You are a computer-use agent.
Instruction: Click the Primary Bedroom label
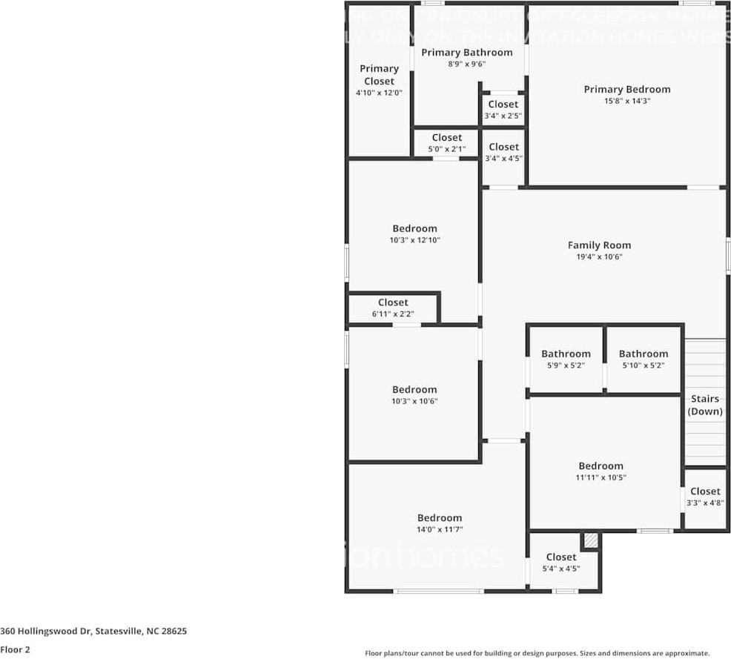pos(626,90)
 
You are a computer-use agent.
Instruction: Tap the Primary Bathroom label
pos(466,53)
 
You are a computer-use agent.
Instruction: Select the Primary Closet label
pos(379,75)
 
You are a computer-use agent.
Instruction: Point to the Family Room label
pos(599,245)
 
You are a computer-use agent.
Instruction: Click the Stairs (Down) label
pos(704,405)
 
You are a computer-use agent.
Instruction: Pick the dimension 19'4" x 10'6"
pos(599,257)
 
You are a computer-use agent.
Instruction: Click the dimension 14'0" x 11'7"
pos(439,530)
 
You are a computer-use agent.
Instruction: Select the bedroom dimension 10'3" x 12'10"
pos(414,240)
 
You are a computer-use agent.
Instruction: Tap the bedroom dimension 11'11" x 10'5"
pos(601,478)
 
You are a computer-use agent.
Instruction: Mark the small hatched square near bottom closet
pos(590,541)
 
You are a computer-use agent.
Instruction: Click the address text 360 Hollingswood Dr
pos(93,632)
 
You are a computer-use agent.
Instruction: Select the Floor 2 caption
pos(15,649)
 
